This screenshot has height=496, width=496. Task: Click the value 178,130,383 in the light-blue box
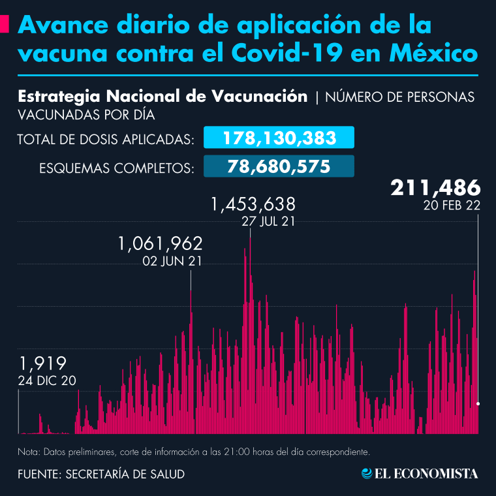pyautogui.click(x=279, y=138)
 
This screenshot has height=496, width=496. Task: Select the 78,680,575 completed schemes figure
pyautogui.click(x=279, y=166)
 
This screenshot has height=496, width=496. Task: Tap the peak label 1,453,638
pyautogui.click(x=253, y=205)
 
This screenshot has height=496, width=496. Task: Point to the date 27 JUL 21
pyautogui.click(x=268, y=222)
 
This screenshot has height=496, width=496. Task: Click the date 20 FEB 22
pyautogui.click(x=452, y=206)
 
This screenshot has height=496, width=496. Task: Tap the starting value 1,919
pyautogui.click(x=43, y=364)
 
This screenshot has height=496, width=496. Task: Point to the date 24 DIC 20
pyautogui.click(x=48, y=380)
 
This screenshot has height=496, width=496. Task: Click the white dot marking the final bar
pyautogui.click(x=478, y=405)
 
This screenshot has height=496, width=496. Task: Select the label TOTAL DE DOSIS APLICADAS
pyautogui.click(x=106, y=139)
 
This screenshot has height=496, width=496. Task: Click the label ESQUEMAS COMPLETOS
pyautogui.click(x=116, y=168)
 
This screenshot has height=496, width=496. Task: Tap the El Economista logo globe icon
pyautogui.click(x=367, y=473)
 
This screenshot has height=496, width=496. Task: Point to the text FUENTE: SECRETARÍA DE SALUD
pyautogui.click(x=101, y=474)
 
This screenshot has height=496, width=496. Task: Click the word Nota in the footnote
pyautogui.click(x=28, y=452)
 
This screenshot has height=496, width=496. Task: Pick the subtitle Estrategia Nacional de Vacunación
pyautogui.click(x=163, y=97)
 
